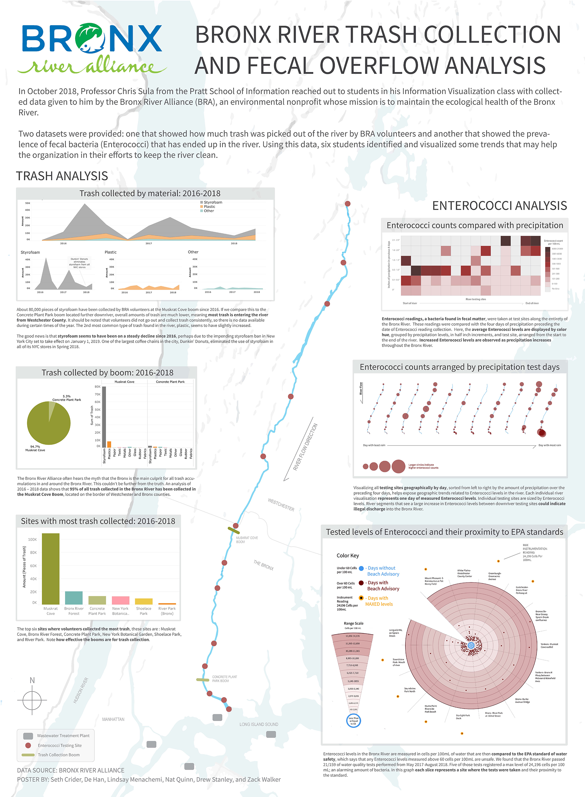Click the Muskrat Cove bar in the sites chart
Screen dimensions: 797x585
(x=50, y=568)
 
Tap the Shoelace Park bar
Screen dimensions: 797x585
(x=143, y=601)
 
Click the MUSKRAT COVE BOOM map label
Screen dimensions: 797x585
(x=247, y=540)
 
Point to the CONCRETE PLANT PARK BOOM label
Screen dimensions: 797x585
(x=224, y=679)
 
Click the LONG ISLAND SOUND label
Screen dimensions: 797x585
(x=259, y=724)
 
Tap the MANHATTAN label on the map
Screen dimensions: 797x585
(x=113, y=719)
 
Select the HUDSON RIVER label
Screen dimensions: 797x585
(x=81, y=690)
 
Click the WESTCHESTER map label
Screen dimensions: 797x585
(x=281, y=504)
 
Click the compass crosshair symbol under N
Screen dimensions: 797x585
(x=32, y=699)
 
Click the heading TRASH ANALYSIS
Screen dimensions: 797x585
(x=62, y=176)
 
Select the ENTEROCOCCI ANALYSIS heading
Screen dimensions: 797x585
(x=499, y=205)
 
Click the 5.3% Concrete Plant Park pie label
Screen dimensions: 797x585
(x=67, y=398)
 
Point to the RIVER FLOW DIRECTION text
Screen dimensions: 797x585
(x=305, y=447)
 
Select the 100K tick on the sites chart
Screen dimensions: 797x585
(x=32, y=540)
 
